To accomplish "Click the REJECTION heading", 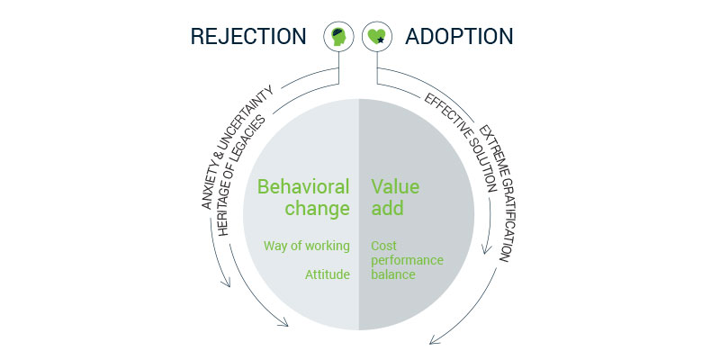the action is (x=248, y=36).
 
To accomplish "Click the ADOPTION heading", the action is (x=459, y=36).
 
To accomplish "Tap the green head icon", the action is (x=338, y=37).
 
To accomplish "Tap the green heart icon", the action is (x=377, y=37).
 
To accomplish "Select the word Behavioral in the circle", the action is (x=303, y=187).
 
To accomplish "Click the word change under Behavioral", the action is (x=318, y=209).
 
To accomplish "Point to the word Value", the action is (x=395, y=187).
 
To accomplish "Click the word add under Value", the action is (x=388, y=209).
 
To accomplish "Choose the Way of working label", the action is (x=307, y=246).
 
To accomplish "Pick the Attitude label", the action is (x=328, y=274).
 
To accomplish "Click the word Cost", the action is (x=383, y=246).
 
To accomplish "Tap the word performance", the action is (x=408, y=260).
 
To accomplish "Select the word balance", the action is (x=393, y=274).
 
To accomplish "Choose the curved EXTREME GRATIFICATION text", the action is (x=495, y=193).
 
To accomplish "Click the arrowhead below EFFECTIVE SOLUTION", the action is (x=486, y=250).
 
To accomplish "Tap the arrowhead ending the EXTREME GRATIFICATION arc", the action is (x=433, y=341).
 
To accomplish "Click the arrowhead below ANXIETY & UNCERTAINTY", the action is (x=226, y=283).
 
